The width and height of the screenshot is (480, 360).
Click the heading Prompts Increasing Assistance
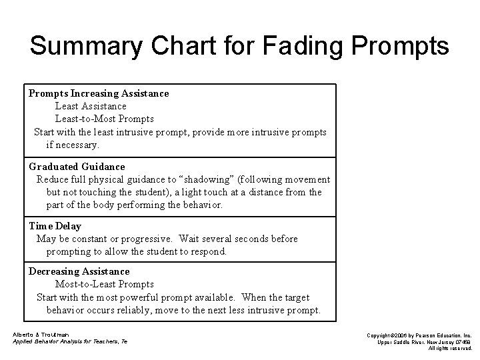[x=98, y=93]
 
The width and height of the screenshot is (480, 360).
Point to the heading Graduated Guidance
[x=77, y=167]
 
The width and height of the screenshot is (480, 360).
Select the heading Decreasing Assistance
[x=79, y=271]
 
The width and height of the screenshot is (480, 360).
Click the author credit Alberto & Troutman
[x=41, y=334]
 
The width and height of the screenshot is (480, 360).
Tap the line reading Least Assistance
[x=90, y=106]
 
